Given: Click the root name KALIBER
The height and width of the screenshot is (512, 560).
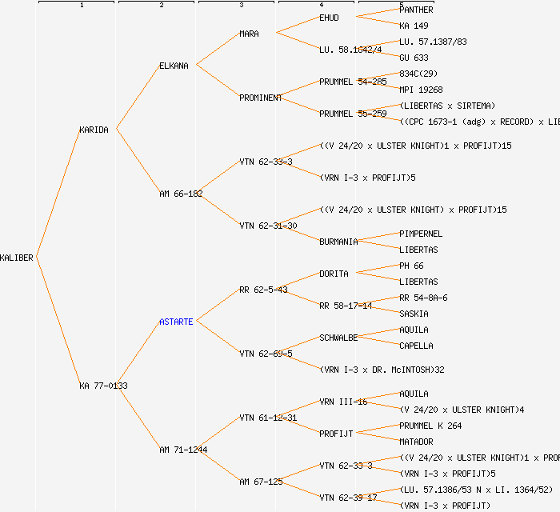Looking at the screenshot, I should click(17, 258).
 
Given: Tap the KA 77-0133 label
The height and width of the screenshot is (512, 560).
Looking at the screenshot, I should click(103, 386).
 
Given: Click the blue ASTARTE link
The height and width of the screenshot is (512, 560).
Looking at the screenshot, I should click(176, 322).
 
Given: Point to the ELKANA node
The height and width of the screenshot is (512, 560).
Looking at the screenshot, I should click(174, 66).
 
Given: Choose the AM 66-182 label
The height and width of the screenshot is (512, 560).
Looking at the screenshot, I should click(181, 194).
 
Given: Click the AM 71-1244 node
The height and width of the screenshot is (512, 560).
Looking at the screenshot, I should click(183, 450).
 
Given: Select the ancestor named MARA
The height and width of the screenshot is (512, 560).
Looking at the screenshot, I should click(249, 34).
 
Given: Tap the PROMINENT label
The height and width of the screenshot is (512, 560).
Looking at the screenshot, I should click(261, 98).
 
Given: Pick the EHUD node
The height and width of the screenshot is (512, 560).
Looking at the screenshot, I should click(329, 18).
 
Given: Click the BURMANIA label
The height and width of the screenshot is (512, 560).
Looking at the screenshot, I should click(338, 242).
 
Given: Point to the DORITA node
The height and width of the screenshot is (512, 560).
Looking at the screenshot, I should click(334, 274).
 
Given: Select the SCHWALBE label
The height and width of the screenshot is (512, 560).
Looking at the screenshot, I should click(338, 338).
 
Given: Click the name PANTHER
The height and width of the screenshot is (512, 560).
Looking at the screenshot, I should click(416, 10).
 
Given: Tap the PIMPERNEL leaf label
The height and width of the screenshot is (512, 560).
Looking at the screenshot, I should click(421, 234).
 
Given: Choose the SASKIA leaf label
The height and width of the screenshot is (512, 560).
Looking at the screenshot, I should click(414, 314).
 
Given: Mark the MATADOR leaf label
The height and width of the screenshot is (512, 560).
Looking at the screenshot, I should click(416, 442).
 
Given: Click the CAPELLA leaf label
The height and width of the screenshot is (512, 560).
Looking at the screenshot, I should click(416, 346).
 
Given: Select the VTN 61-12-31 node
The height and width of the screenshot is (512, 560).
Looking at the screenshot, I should click(268, 418).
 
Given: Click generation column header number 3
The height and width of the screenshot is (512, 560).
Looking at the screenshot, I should click(241, 6).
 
